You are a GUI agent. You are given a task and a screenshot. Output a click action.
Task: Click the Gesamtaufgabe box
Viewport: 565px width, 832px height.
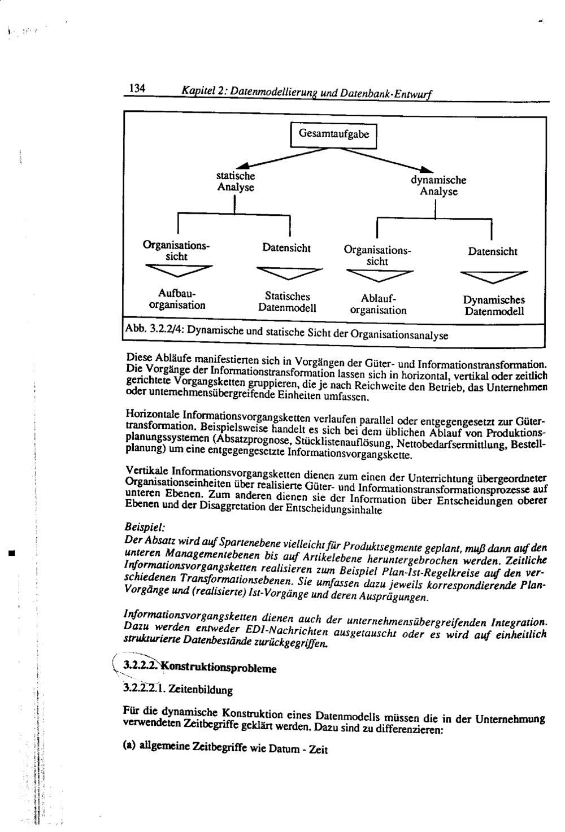(x=333, y=134)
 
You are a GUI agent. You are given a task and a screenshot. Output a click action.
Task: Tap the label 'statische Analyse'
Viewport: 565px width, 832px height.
(x=236, y=181)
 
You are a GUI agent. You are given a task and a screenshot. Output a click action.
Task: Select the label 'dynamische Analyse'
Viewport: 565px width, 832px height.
(x=438, y=186)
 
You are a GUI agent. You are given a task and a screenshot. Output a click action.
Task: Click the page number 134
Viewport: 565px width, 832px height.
(x=138, y=88)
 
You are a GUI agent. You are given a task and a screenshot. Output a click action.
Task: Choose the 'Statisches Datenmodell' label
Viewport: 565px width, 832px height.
(x=287, y=302)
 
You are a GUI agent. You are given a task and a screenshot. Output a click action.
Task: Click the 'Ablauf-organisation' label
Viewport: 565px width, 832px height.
(x=378, y=304)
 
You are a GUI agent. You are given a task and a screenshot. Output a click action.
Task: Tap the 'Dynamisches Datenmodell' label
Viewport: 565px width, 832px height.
(x=494, y=306)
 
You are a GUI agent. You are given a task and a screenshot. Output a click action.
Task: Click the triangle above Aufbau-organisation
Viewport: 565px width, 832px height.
(x=179, y=271)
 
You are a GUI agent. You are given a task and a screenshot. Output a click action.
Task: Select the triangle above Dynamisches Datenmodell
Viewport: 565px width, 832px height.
(x=494, y=277)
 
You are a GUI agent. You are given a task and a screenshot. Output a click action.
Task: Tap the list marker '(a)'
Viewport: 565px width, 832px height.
(x=129, y=746)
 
